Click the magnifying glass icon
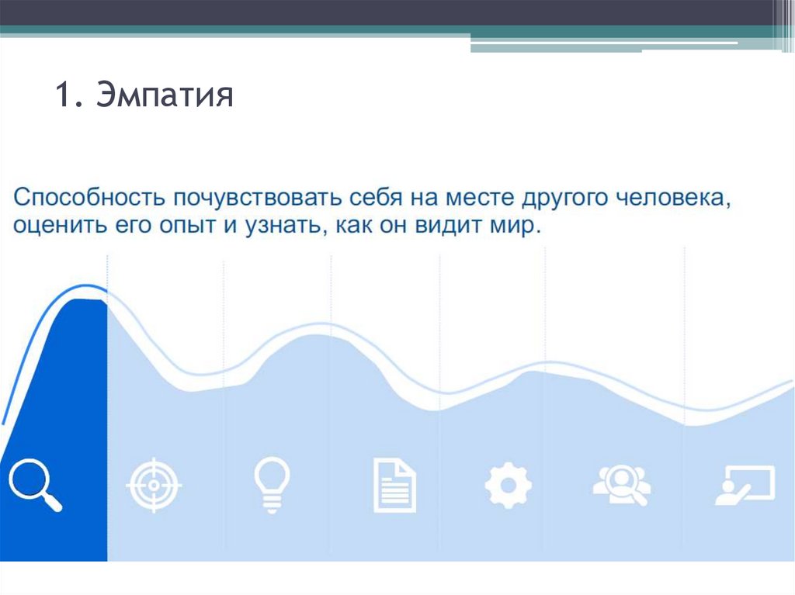tap(35, 485)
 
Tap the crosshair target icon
tap(153, 485)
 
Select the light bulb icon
tap(272, 485)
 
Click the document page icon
tap(394, 486)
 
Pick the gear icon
tap(509, 486)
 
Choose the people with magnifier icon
tap(621, 486)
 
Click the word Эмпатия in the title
tap(165, 97)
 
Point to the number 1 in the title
tap(63, 97)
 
